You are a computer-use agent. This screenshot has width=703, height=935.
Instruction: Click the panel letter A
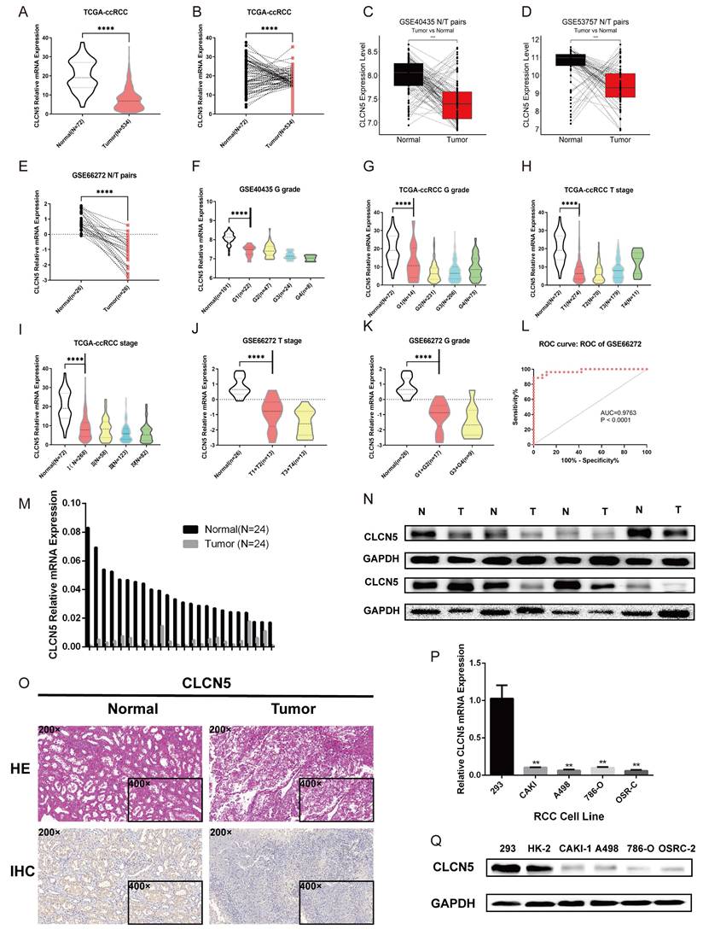(11, 12)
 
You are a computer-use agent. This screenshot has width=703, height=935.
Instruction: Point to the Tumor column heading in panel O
(293, 709)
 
